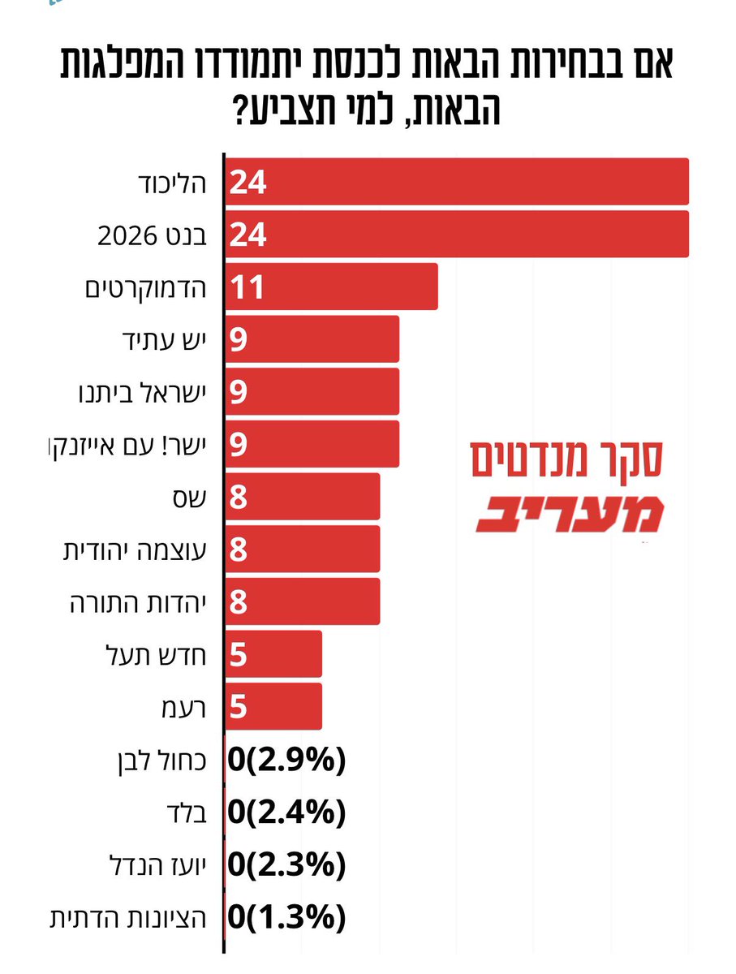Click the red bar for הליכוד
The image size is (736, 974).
457,182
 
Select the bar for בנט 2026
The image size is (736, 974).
457,235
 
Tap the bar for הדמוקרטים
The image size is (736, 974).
331,287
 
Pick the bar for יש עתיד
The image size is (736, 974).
312,339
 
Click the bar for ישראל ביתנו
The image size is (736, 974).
312,391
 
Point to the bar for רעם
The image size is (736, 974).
273,706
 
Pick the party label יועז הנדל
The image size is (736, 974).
158,865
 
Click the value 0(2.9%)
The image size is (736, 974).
287,761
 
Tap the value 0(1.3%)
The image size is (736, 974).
287,917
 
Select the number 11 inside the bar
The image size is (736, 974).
247,287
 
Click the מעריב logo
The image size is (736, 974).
570,514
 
